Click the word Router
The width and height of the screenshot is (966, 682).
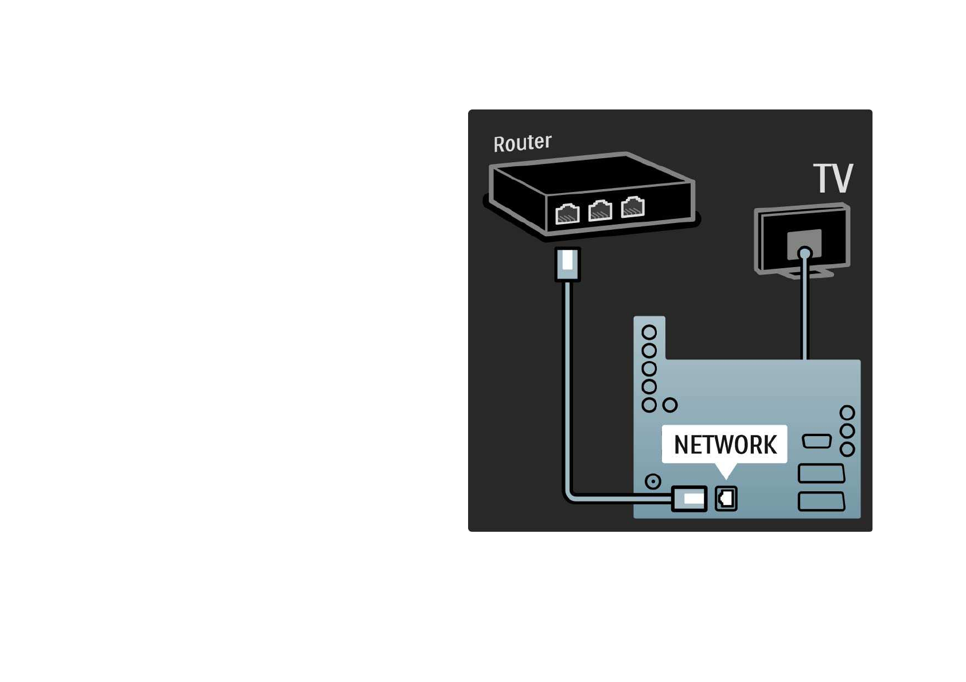pos(522,143)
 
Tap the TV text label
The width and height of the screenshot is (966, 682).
pos(833,178)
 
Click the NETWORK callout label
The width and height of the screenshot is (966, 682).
pos(724,444)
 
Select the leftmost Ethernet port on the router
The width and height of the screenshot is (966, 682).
pos(567,214)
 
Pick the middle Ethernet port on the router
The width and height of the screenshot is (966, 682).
pos(600,210)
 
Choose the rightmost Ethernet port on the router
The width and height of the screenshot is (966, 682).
pos(633,207)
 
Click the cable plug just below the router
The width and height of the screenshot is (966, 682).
pos(568,264)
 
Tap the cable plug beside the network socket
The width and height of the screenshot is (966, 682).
pos(689,498)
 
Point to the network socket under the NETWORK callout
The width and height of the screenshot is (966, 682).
pos(726,498)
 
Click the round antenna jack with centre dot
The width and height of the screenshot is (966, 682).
pos(653,481)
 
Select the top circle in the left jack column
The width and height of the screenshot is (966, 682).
pos(649,332)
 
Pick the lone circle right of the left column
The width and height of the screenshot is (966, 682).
pos(670,405)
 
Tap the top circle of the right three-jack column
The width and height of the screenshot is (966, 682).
pos(847,413)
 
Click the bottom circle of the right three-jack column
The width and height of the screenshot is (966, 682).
pos(847,449)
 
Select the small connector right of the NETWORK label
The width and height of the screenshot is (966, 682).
pos(816,441)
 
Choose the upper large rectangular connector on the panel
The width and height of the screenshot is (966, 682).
pos(821,473)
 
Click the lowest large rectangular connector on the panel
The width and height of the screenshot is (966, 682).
pos(821,501)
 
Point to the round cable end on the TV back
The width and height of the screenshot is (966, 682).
pos(805,253)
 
